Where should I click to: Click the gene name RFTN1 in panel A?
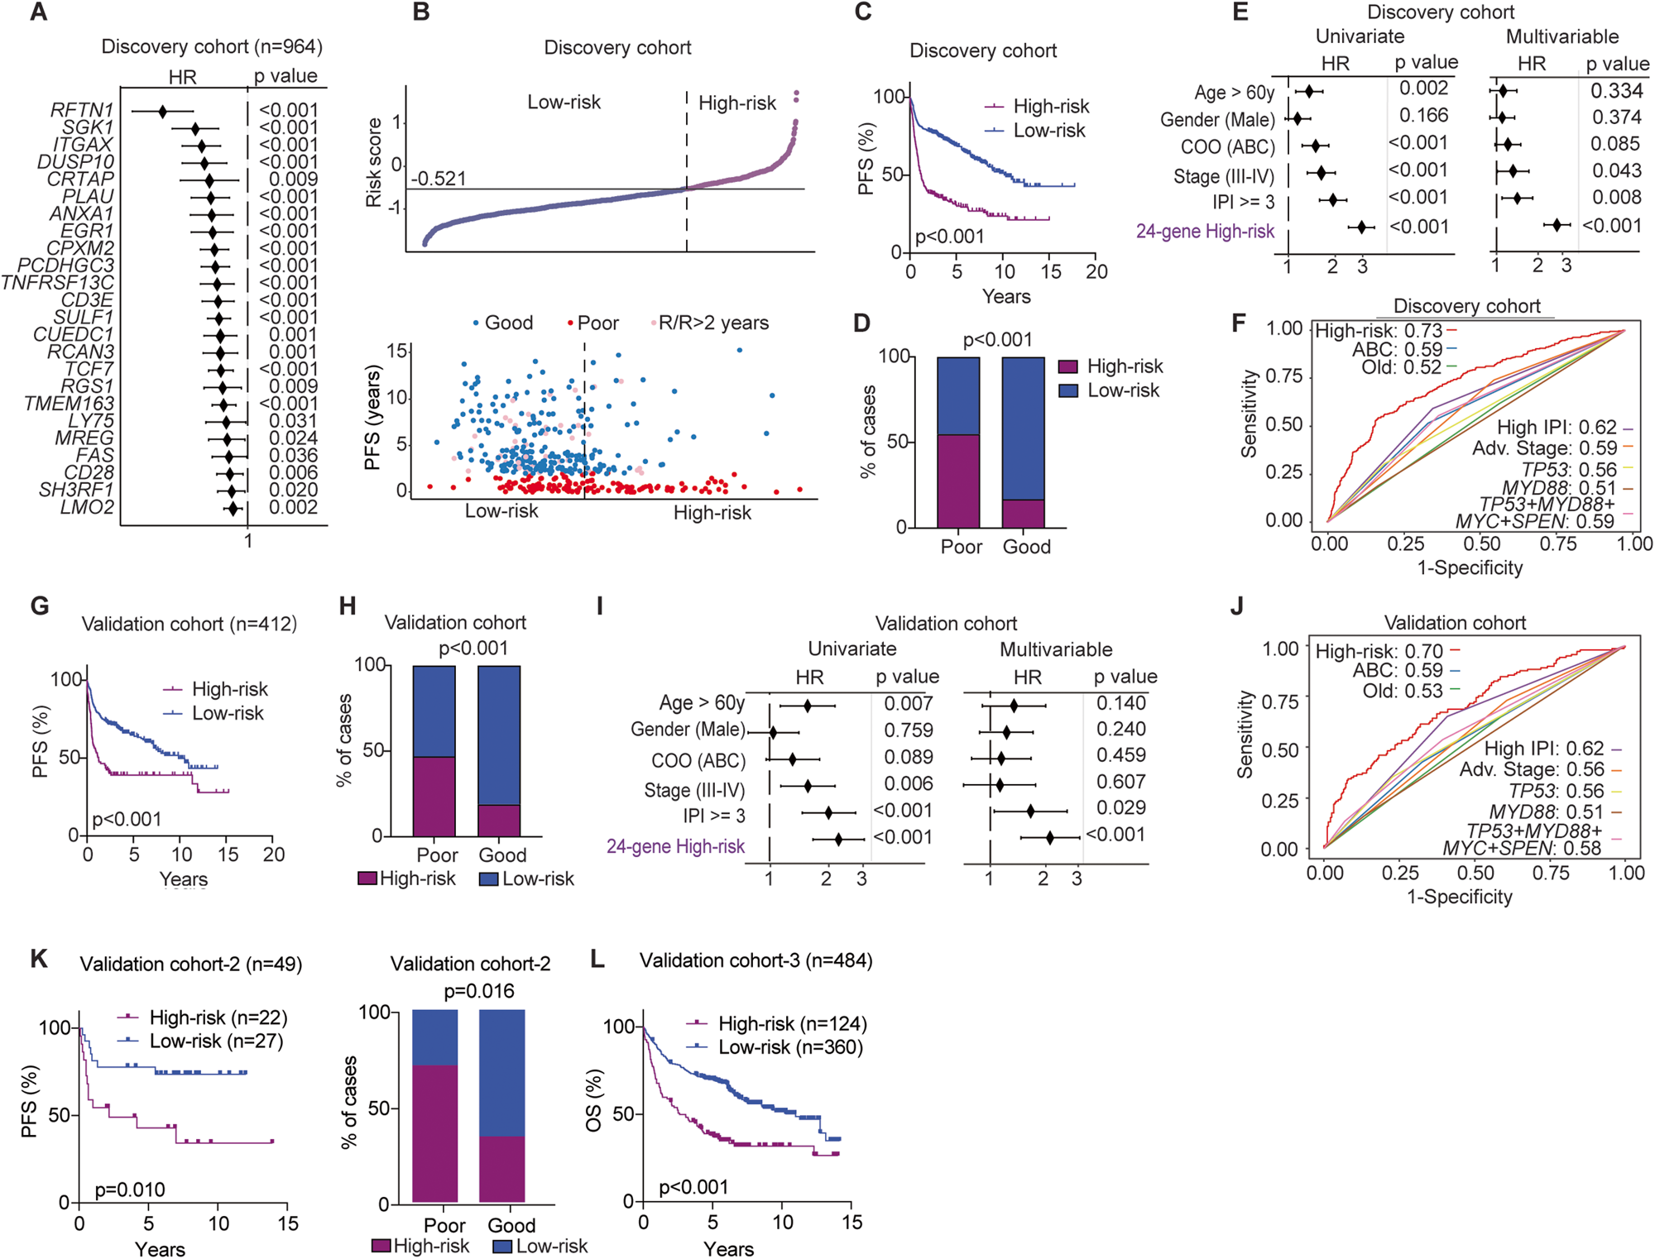81,110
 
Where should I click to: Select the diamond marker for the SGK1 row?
195,128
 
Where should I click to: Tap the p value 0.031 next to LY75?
293,421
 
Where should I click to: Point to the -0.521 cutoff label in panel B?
439,179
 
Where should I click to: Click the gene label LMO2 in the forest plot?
87,507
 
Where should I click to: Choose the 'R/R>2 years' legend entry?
712,323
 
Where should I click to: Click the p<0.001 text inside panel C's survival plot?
949,237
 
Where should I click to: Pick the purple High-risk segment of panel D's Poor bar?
958,481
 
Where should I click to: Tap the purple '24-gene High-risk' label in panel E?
1204,232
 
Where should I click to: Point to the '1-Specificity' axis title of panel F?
1470,567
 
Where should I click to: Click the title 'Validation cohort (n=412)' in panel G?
189,624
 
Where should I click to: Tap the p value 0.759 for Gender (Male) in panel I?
908,730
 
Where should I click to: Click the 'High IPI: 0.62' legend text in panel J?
1543,749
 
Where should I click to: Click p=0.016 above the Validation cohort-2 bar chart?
478,991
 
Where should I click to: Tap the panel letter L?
598,960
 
